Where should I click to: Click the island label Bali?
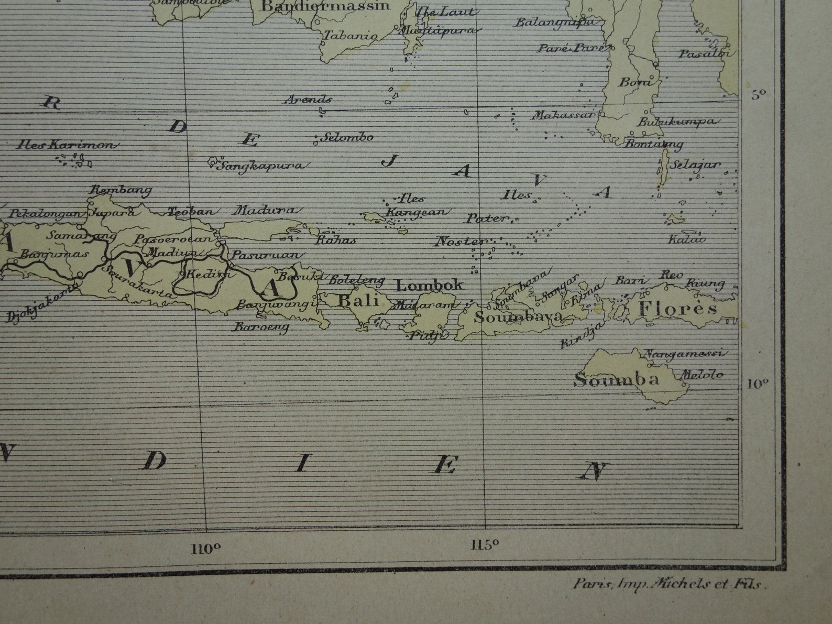[x=359, y=301]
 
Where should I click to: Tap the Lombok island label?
[x=429, y=285]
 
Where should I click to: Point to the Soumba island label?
[x=616, y=379]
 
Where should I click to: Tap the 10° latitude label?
[x=757, y=384]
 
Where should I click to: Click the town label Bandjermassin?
[x=325, y=6]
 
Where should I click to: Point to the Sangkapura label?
[x=260, y=166]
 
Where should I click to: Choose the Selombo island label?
[x=347, y=137]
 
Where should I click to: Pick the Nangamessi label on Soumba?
[x=684, y=354]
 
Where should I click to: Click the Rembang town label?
[x=121, y=190]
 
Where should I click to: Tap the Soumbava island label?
[x=518, y=316]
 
